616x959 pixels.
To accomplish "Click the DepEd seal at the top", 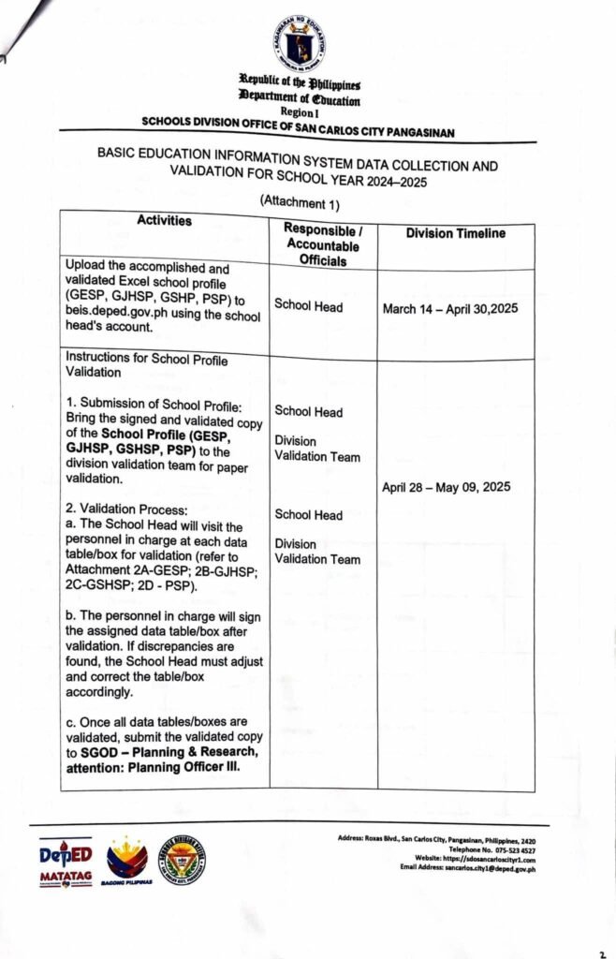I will tap(300, 42).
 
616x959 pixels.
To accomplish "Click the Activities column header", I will tap(164, 221).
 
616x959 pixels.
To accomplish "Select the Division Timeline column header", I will tap(455, 234).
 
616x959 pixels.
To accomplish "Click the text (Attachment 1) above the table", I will tap(299, 201).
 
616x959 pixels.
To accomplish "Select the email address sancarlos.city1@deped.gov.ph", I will tap(490, 869).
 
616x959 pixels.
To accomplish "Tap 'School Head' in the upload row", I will tap(308, 305).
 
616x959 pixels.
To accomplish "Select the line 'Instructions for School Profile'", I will tap(146, 360).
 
